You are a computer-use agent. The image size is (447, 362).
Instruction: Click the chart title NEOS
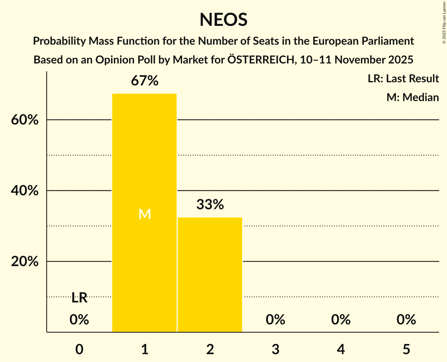(223, 20)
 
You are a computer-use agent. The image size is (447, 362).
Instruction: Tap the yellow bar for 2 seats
(210, 274)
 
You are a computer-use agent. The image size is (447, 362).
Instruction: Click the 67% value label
(144, 81)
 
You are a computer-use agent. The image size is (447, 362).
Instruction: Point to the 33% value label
(210, 205)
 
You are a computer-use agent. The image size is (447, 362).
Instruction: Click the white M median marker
(144, 214)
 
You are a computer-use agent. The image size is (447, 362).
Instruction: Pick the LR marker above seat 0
(79, 298)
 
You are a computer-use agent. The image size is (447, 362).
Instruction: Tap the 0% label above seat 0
(79, 320)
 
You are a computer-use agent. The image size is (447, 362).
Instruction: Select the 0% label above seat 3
(275, 320)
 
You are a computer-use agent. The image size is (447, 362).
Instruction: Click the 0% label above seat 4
(341, 320)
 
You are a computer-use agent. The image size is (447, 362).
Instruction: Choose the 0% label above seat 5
(406, 320)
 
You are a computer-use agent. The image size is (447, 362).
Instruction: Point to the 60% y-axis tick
(25, 120)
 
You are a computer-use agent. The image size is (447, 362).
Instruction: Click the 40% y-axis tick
(25, 191)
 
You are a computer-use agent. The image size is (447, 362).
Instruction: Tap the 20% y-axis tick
(25, 262)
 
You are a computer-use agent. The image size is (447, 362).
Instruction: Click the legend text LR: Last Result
(403, 79)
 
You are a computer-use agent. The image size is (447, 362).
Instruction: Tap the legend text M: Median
(412, 97)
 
